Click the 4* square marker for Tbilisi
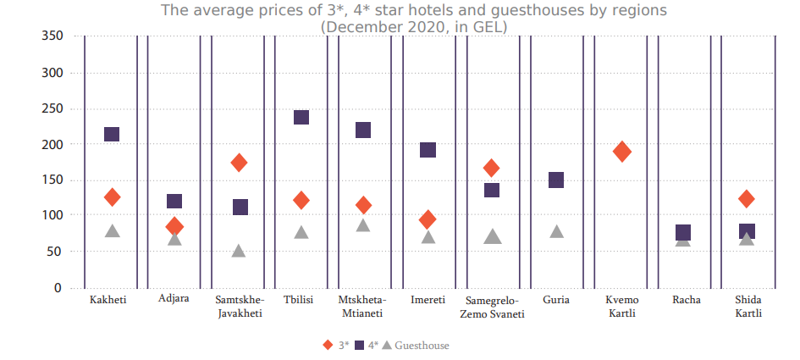301,118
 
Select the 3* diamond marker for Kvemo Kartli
622,152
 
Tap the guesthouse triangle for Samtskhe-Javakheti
239,251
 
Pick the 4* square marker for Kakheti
112,135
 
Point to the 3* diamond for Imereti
428,219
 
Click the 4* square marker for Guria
556,180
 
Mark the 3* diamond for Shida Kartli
747,199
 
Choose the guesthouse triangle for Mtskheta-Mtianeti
363,225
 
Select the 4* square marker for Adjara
174,202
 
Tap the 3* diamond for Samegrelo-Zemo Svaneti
492,168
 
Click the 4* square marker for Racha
683,233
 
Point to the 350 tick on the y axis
52,36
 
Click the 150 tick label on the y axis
52,180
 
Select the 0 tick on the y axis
58,288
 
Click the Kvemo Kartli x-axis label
622,307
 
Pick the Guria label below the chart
556,300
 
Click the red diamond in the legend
328,346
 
